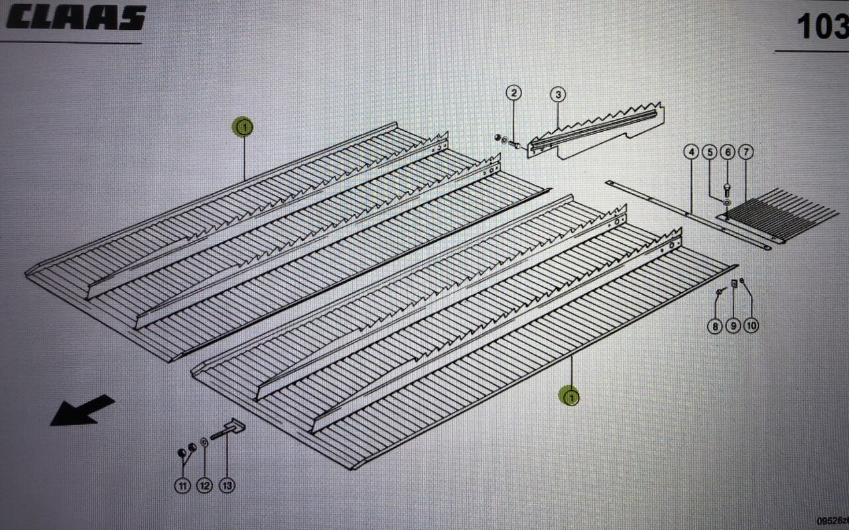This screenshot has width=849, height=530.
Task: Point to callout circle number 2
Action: [514, 93]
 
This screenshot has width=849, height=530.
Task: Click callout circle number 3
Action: [558, 94]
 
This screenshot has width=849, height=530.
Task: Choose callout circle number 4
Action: [691, 153]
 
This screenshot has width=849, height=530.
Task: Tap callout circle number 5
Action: [709, 153]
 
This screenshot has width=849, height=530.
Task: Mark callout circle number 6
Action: [728, 153]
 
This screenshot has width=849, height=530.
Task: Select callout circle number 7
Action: [746, 153]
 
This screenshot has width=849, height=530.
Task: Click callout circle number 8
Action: [714, 326]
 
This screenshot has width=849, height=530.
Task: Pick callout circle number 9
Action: [733, 326]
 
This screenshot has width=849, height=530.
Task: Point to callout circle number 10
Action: [751, 326]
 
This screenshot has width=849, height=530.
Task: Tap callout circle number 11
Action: [182, 486]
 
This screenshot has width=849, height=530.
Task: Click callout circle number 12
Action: [204, 486]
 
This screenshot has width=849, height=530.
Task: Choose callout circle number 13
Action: [227, 486]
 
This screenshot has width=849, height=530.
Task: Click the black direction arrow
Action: [81, 410]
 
